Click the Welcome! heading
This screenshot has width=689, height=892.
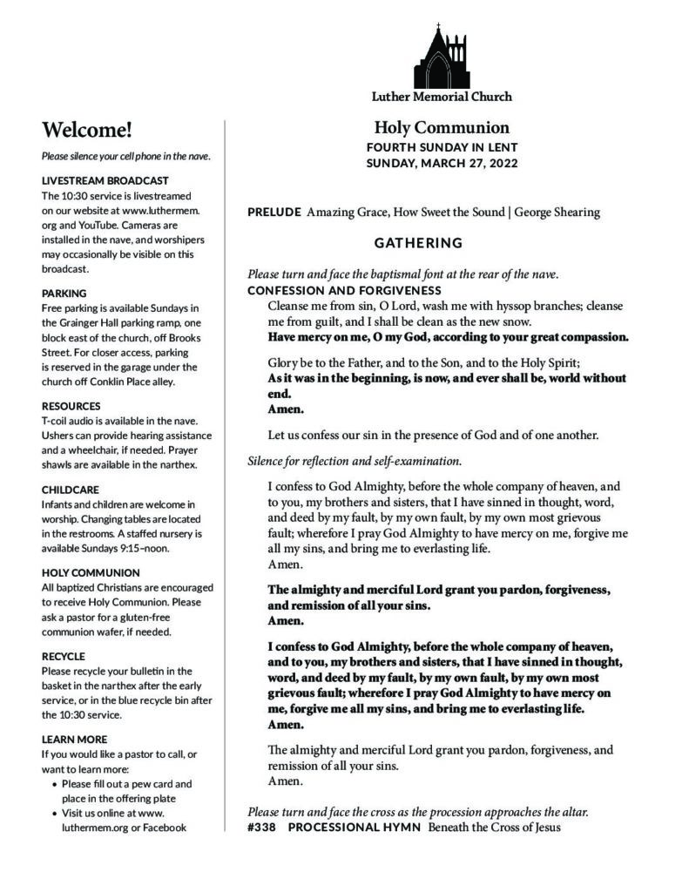pos(87,131)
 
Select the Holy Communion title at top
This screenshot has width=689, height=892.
pos(442,127)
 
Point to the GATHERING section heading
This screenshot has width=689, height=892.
pos(418,242)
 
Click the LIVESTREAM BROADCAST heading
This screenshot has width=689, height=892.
pos(99,180)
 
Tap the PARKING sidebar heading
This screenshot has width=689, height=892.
pos(64,294)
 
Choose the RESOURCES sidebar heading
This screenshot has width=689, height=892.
pos(71,406)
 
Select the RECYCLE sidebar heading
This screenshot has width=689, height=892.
pos(64,656)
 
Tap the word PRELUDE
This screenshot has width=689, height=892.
pos(274,212)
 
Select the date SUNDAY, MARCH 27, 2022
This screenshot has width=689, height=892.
pos(442,163)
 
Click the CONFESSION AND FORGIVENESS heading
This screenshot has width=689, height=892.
pos(344,290)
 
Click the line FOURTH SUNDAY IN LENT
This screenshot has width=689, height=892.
pos(442,146)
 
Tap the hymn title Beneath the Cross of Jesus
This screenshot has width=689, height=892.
pos(494,827)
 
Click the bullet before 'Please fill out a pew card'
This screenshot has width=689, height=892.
pos(56,784)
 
